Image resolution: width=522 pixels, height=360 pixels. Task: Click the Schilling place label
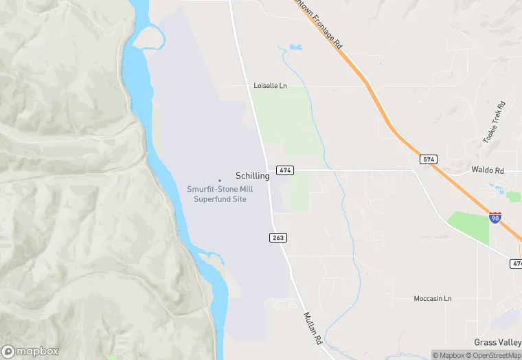click(x=252, y=176)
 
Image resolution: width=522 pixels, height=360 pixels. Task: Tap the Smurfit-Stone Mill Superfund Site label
click(x=216, y=194)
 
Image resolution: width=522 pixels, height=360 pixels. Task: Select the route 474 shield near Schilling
click(x=285, y=170)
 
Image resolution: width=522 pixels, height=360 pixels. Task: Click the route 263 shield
click(x=277, y=237)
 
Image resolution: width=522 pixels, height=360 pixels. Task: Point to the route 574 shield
click(x=429, y=159)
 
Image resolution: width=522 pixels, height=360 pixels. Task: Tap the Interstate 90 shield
click(x=495, y=216)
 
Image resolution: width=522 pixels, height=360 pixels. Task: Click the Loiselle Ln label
click(x=270, y=86)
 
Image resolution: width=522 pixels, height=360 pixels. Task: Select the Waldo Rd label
click(x=488, y=170)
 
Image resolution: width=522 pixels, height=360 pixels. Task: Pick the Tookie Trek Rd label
click(x=494, y=122)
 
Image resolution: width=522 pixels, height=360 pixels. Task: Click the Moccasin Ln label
click(x=433, y=299)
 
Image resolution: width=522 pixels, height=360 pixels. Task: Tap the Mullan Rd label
click(x=313, y=328)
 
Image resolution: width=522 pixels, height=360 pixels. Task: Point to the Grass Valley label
click(x=497, y=342)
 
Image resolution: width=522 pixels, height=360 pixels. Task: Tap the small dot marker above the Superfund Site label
click(x=220, y=181)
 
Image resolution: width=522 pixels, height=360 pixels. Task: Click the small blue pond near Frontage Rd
click(x=295, y=47)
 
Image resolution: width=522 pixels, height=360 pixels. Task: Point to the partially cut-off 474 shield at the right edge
click(x=517, y=264)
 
